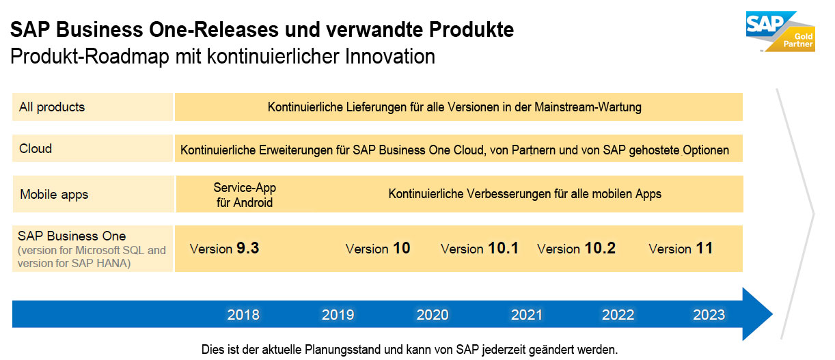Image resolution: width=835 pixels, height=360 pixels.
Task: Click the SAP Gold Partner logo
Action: pyautogui.click(x=780, y=31)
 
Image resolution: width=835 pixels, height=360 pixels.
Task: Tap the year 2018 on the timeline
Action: pyautogui.click(x=243, y=315)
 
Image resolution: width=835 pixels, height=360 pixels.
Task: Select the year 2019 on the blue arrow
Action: pyautogui.click(x=338, y=315)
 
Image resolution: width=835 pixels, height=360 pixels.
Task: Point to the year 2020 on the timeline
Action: pyautogui.click(x=433, y=315)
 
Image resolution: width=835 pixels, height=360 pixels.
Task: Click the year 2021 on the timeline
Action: pyautogui.click(x=526, y=315)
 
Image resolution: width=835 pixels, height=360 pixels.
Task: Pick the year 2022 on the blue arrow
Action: pyautogui.click(x=618, y=315)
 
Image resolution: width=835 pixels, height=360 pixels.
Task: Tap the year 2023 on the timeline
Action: pyautogui.click(x=709, y=315)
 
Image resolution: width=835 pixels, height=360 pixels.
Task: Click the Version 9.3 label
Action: pyautogui.click(x=224, y=248)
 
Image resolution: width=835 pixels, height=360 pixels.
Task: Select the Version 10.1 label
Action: pyautogui.click(x=480, y=248)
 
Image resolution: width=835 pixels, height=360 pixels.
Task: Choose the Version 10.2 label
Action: pyautogui.click(x=576, y=248)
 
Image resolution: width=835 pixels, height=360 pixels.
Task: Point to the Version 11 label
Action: pyautogui.click(x=681, y=248)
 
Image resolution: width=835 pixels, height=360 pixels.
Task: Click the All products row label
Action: pyautogui.click(x=52, y=107)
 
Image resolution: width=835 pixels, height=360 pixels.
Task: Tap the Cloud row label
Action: pyautogui.click(x=36, y=149)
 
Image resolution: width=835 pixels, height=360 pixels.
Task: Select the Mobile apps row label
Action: pyautogui.click(x=54, y=195)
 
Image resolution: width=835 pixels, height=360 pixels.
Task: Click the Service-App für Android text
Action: pyautogui.click(x=245, y=195)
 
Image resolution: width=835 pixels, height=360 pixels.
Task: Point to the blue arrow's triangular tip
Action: pyautogui.click(x=772, y=314)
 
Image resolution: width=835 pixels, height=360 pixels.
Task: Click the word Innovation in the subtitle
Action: pyautogui.click(x=390, y=57)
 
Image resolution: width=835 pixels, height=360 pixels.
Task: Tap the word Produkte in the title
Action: pyautogui.click(x=471, y=29)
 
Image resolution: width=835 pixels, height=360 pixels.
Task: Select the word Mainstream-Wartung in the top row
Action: pyautogui.click(x=588, y=107)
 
